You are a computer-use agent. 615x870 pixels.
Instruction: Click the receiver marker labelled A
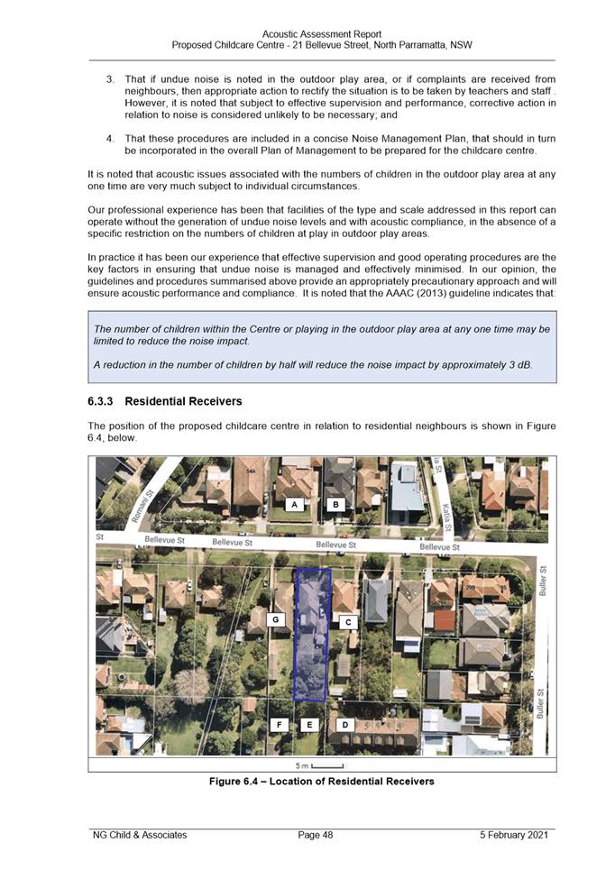pyautogui.click(x=294, y=505)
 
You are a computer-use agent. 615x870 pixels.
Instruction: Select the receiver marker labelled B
pyautogui.click(x=335, y=505)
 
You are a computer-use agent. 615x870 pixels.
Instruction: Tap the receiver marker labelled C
pyautogui.click(x=348, y=622)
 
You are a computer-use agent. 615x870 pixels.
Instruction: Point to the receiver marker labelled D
pyautogui.click(x=344, y=724)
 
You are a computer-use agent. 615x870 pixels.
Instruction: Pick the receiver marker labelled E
pyautogui.click(x=310, y=724)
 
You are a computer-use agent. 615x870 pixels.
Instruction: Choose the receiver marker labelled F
pyautogui.click(x=280, y=724)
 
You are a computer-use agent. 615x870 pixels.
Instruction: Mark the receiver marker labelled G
pyautogui.click(x=276, y=619)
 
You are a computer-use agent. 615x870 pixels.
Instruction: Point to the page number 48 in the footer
pyautogui.click(x=316, y=835)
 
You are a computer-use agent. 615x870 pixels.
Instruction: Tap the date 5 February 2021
pyautogui.click(x=514, y=835)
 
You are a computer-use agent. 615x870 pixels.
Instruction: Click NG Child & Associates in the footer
pyautogui.click(x=140, y=835)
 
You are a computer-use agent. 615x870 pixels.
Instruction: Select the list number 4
pyautogui.click(x=109, y=139)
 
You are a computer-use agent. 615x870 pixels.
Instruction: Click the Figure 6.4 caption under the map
pyautogui.click(x=321, y=781)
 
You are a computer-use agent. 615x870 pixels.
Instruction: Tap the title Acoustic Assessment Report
pyautogui.click(x=321, y=34)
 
